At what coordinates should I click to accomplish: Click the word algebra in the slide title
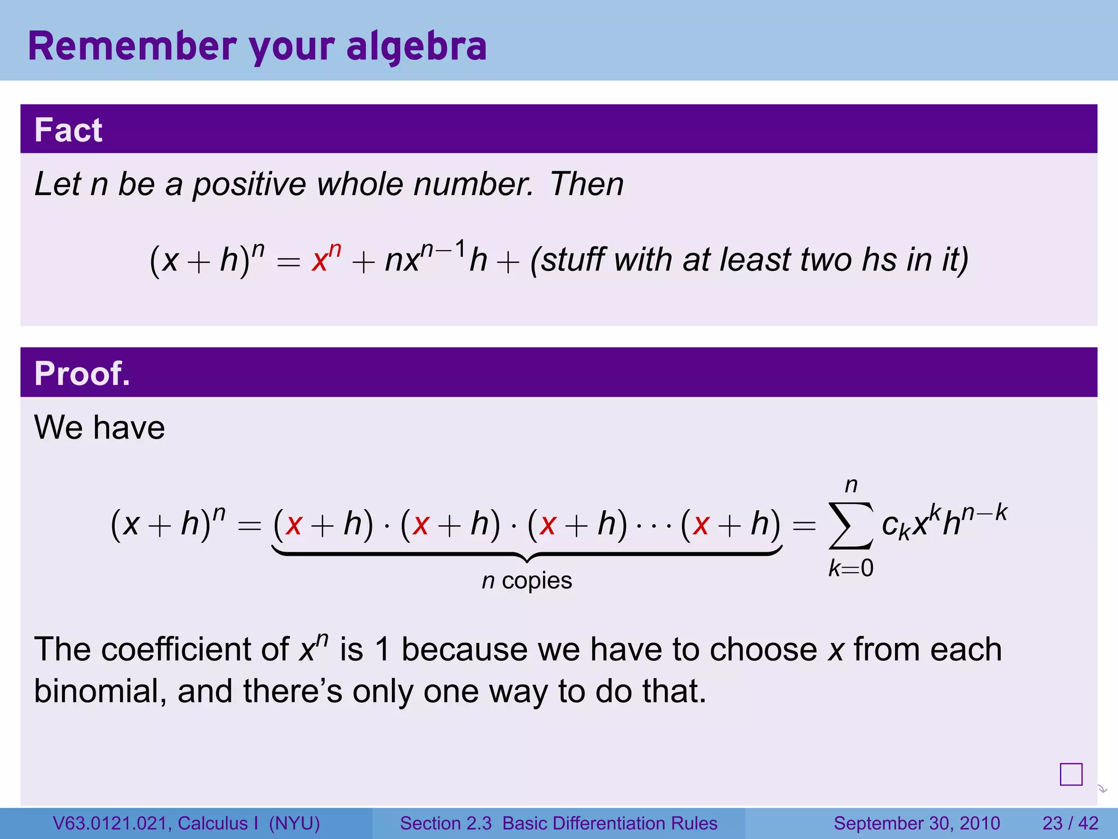click(x=416, y=48)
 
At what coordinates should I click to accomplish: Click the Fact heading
click(x=68, y=130)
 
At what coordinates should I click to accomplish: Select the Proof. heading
click(x=82, y=374)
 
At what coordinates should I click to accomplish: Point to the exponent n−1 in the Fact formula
click(x=443, y=250)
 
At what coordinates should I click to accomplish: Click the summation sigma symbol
click(x=851, y=525)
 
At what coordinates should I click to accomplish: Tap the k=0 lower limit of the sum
click(x=851, y=569)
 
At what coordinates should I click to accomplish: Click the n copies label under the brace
click(x=527, y=581)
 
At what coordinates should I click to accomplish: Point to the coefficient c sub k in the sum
click(x=895, y=527)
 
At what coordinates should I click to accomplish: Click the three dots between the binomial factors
click(x=653, y=527)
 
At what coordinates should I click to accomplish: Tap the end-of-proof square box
click(x=1071, y=774)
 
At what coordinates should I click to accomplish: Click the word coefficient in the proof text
click(x=195, y=649)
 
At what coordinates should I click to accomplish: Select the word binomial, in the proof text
click(x=100, y=692)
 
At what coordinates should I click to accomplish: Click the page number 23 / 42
click(x=1070, y=823)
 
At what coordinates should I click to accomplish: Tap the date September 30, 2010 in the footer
click(x=917, y=823)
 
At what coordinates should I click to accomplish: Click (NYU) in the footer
click(x=294, y=823)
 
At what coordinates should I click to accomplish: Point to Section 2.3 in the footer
click(x=446, y=823)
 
